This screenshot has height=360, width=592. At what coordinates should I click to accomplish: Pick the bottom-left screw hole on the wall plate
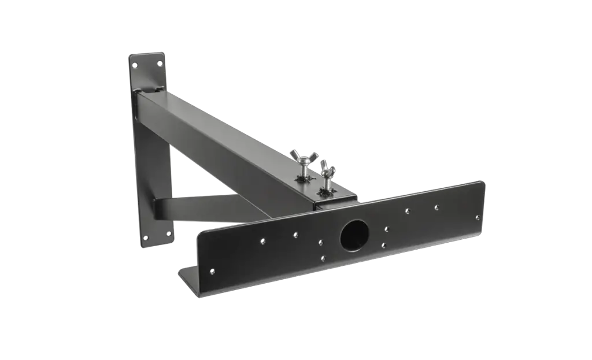click(145, 237)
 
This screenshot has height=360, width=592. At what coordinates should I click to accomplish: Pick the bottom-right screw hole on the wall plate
click(169, 233)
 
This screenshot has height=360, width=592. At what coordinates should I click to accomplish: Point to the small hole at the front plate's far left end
click(212, 271)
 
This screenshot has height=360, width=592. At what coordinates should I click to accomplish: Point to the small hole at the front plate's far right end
click(478, 218)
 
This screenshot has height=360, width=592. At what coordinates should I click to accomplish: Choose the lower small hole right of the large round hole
click(384, 245)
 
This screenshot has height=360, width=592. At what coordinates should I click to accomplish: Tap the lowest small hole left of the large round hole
click(323, 259)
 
